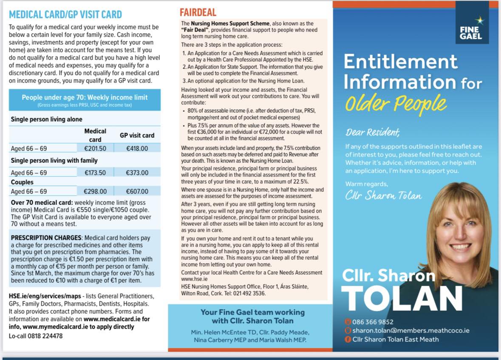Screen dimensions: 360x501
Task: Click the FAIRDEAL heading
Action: point(198,12)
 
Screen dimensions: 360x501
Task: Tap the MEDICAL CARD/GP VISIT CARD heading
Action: point(65,14)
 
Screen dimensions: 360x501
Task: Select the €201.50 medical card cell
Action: point(95,148)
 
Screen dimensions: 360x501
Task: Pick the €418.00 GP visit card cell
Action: point(137,148)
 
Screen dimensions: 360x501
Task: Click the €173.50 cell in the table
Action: point(95,173)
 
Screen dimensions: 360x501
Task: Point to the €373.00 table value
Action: point(137,173)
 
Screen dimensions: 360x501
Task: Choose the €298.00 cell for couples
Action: point(95,191)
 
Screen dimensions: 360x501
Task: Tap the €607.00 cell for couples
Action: point(137,191)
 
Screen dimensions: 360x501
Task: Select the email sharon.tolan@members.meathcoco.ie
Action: point(410,330)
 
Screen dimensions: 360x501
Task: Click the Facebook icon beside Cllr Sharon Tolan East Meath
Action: point(348,339)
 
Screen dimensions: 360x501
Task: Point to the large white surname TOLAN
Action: point(402,297)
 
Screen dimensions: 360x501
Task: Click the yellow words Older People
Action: point(395,103)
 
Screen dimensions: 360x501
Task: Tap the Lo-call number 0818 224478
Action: point(46,336)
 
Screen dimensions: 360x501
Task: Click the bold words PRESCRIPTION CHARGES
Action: point(46,238)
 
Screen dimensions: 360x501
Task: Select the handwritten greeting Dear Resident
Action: point(373,132)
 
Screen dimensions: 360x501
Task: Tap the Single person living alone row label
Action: point(47,119)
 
